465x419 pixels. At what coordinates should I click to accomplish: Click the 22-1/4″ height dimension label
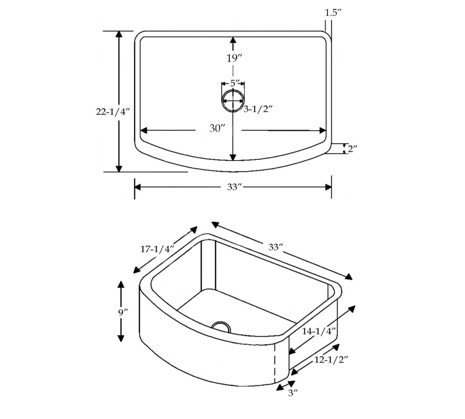113,112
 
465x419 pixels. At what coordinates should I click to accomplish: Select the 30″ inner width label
218,129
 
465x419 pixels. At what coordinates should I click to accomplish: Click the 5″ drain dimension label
235,83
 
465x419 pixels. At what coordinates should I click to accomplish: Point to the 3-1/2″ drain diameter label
258,109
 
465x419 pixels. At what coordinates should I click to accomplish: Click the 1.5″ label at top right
333,13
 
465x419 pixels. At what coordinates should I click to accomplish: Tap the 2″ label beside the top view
352,148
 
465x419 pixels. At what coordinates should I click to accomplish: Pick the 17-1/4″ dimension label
157,249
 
